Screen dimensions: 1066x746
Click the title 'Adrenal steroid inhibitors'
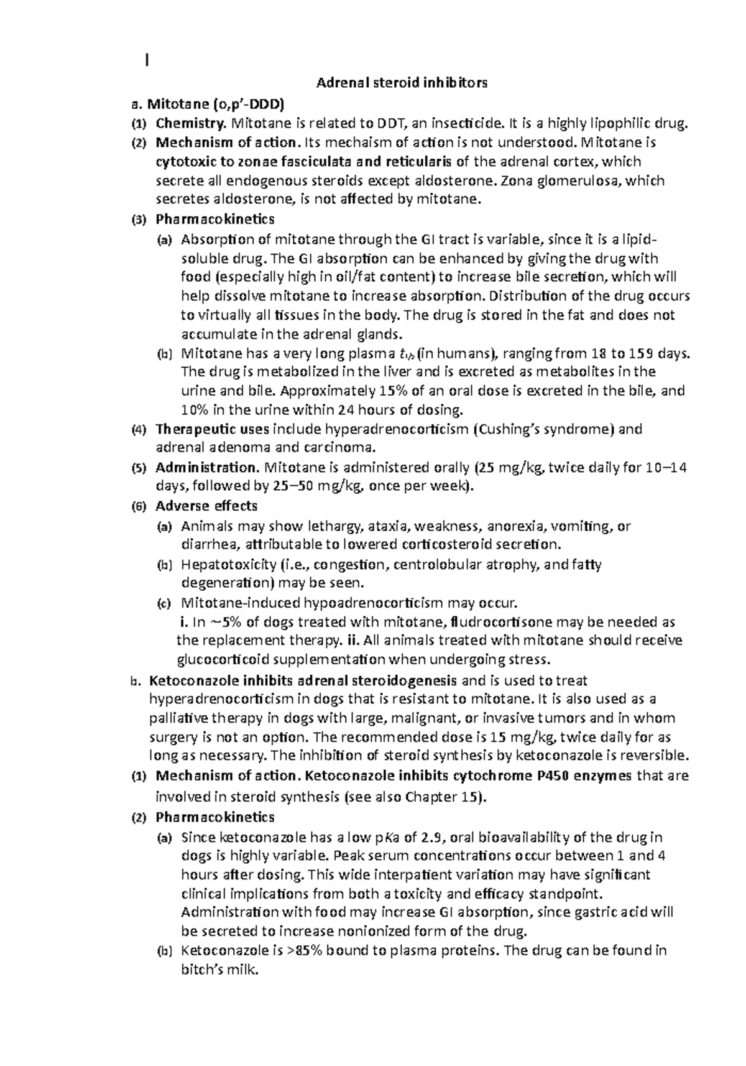coord(402,83)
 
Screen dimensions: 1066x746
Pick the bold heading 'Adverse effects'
coord(206,506)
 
